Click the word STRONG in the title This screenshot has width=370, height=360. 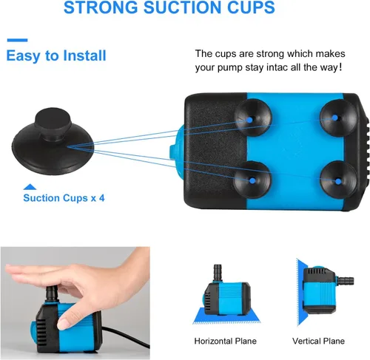(101, 7)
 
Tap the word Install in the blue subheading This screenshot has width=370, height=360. (84, 55)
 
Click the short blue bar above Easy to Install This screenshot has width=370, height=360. (17, 40)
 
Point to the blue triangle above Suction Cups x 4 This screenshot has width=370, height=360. (30, 187)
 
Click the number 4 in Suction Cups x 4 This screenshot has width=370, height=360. (102, 198)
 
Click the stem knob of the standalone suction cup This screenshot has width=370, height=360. (53, 123)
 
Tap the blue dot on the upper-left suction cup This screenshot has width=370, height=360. (249, 120)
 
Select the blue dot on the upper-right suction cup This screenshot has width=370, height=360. (334, 118)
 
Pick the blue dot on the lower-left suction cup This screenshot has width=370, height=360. (252, 180)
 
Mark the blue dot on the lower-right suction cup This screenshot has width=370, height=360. (338, 182)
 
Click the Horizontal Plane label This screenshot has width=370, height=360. (225, 341)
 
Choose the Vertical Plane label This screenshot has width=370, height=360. (318, 341)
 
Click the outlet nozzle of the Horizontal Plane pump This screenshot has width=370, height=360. (218, 273)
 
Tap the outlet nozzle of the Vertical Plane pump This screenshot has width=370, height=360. (346, 281)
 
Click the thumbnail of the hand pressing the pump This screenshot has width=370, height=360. (75, 302)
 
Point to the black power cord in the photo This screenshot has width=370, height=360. (126, 336)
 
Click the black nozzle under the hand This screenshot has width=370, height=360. (52, 293)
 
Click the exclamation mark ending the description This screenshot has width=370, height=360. (340, 67)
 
